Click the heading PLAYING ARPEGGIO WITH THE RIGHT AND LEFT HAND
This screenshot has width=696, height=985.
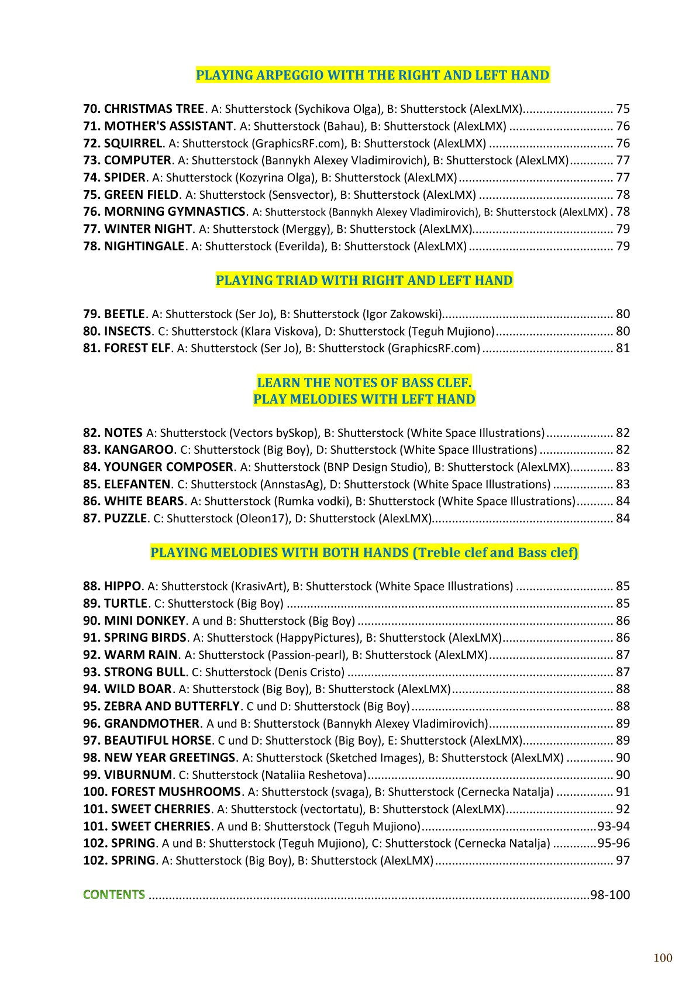pos(373,75)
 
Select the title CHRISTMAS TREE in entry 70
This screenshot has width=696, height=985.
pos(154,109)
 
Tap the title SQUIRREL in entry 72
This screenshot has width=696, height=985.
pos(133,143)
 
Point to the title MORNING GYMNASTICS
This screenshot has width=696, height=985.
pos(174,212)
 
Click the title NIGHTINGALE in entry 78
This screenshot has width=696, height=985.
pos(144,246)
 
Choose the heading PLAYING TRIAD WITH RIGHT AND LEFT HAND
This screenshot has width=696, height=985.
pos(364,280)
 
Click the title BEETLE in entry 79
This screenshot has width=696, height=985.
pos(124,314)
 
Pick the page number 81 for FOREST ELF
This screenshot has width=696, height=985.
pos(622,349)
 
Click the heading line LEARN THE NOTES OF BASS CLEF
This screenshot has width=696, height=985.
pos(364,383)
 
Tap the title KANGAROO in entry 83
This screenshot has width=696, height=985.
pos(139,450)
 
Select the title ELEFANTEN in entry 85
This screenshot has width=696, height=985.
pos(137,484)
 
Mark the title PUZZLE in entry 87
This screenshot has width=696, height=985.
pos(125,518)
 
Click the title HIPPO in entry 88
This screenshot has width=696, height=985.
pos(122,586)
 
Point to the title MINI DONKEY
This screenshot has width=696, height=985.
pos(144,621)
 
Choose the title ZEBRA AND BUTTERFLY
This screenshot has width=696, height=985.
pos(171,706)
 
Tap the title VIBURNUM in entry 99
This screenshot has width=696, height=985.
pos(137,775)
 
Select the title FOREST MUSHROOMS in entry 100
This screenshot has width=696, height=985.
pos(175,792)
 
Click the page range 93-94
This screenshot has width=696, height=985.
pos(613,826)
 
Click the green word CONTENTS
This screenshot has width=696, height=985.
pos(114,895)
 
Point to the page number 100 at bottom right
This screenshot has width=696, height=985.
pos(663,958)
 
